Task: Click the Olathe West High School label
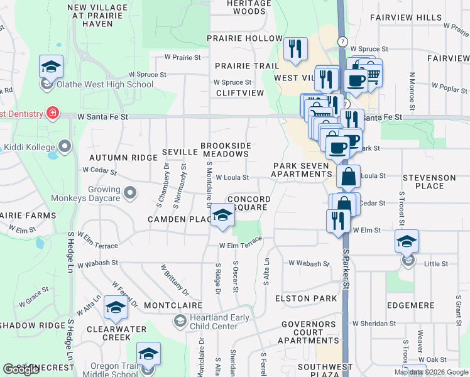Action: click(104, 84)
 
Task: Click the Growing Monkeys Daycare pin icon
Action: click(130, 192)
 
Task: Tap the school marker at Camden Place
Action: click(222, 216)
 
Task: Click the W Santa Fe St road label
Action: click(102, 116)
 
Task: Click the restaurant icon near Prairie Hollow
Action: click(294, 49)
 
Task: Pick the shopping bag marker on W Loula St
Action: click(347, 177)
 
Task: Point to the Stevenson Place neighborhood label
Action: click(430, 182)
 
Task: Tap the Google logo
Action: click(21, 370)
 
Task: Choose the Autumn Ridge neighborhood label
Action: click(123, 157)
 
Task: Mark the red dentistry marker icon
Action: click(53, 114)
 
